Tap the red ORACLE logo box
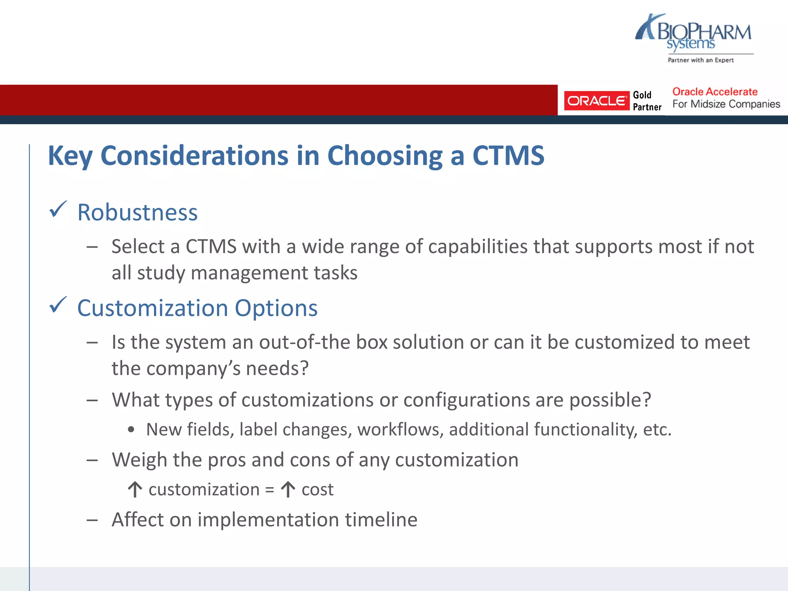[596, 101]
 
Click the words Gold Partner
[647, 101]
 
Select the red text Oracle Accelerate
[715, 92]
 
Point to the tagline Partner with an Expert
[701, 60]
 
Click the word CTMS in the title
[508, 156]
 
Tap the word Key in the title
[70, 156]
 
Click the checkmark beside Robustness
[58, 210]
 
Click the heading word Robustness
[137, 212]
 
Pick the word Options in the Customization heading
[276, 308]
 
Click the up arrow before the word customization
[135, 490]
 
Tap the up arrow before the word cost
[288, 490]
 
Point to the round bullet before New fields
[132, 430]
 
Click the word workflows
[400, 429]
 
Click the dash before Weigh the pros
[92, 460]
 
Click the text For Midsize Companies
[726, 104]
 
